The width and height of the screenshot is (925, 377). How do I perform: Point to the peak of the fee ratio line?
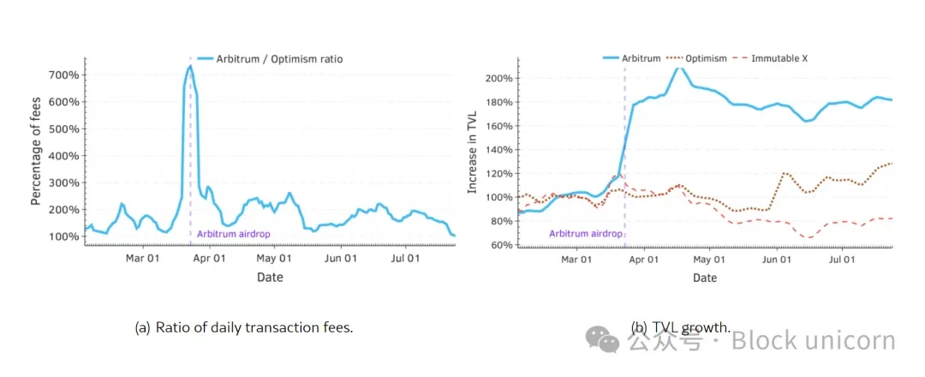click(x=190, y=67)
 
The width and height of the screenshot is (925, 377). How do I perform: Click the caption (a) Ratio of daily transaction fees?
click(x=244, y=326)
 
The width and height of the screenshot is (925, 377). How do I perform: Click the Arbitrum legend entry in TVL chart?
click(x=641, y=58)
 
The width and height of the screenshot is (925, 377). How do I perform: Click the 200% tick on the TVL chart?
click(x=500, y=79)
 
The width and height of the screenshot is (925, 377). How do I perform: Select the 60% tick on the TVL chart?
click(x=503, y=245)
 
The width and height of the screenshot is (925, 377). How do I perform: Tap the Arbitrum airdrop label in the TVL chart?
click(x=585, y=233)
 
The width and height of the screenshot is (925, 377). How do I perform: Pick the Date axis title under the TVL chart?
click(x=705, y=278)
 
